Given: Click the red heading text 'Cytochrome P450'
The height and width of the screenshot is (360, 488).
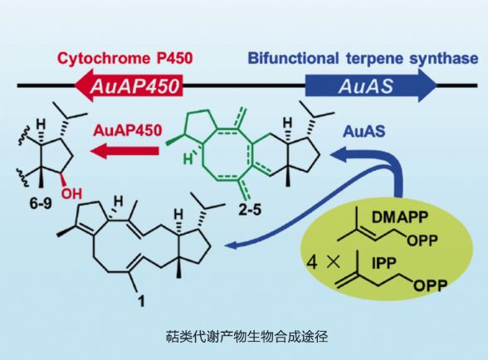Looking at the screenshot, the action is [x=125, y=58].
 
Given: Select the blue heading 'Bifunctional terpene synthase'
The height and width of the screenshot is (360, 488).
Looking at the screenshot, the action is [x=364, y=58].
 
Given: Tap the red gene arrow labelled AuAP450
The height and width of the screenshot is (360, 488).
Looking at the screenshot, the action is [x=129, y=85].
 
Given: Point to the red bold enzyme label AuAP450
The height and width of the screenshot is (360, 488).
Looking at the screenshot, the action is [x=128, y=130].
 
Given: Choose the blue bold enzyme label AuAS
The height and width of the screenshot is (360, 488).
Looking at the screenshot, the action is [x=364, y=132].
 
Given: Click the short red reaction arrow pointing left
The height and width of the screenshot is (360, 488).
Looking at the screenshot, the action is [x=124, y=151].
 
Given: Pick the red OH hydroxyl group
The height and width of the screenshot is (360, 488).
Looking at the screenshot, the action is [x=71, y=193].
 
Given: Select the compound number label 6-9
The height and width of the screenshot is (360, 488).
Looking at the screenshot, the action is [x=41, y=204].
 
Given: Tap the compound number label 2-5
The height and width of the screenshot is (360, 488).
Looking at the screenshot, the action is [x=250, y=210].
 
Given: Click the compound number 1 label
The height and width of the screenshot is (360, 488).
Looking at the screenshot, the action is [x=142, y=300].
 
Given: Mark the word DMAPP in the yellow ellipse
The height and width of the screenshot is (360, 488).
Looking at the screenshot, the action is [x=400, y=217].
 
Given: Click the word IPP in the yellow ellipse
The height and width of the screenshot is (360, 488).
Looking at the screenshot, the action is [x=384, y=264].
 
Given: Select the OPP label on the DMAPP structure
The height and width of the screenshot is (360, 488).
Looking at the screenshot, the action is [x=422, y=241].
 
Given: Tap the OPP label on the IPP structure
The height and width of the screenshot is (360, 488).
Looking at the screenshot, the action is [x=431, y=285].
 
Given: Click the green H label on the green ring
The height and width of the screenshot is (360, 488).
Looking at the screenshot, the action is [x=188, y=159].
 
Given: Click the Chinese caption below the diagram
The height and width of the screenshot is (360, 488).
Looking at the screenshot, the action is [x=246, y=337].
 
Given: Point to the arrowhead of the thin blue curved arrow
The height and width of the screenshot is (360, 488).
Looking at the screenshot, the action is [x=231, y=246].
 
